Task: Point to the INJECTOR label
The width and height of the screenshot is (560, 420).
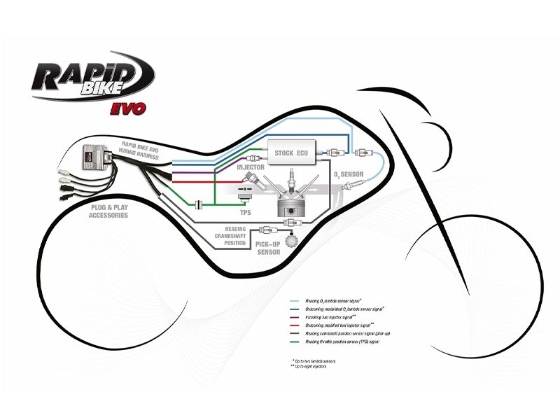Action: (249, 169)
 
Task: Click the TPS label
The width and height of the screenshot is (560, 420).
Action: (245, 210)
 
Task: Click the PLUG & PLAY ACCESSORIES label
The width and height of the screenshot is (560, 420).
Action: (109, 211)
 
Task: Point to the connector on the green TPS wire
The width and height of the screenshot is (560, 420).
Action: (200, 203)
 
